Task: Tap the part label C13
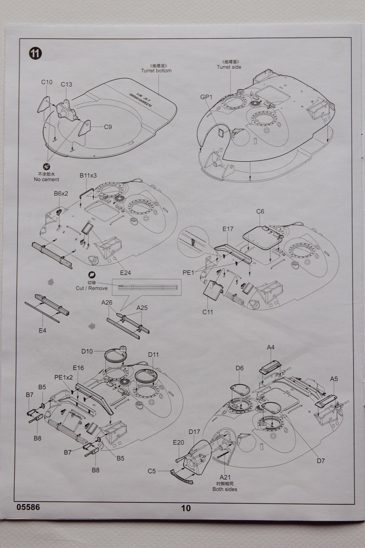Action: pos(66,84)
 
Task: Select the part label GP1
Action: pos(206,97)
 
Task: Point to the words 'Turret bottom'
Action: pos(156,71)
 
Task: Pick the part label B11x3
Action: pos(88,175)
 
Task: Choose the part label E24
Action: pos(126,272)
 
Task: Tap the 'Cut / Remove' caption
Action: pos(92,288)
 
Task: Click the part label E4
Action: pos(43,330)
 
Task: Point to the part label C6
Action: pos(260,211)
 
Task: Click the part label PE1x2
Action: pos(63,377)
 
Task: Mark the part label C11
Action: pos(207,312)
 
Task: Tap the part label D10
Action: pos(87,351)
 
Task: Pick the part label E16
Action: pos(78,368)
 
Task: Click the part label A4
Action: pos(271,347)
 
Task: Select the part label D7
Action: pos(321,461)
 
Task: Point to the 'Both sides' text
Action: pos(225,489)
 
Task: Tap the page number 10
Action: pos(186,508)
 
